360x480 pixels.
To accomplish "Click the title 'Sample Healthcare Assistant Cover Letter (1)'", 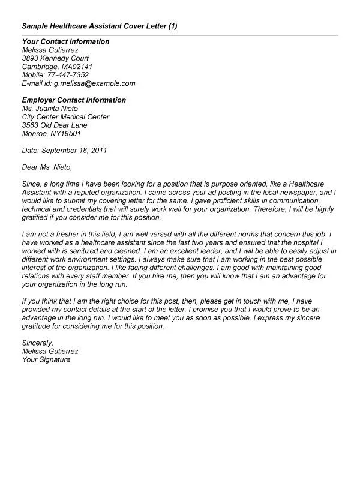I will [x=99, y=26].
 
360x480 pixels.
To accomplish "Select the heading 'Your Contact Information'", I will [x=65, y=41].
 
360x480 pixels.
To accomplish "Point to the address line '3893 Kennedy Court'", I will [x=54, y=58].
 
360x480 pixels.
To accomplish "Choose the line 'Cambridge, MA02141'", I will [x=56, y=67].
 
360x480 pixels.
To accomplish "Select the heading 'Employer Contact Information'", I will [x=74, y=100].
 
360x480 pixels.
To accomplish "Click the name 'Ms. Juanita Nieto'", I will [x=50, y=109].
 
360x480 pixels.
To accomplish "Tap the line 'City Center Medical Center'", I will [x=65, y=117].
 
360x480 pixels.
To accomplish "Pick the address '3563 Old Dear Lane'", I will [x=54, y=125].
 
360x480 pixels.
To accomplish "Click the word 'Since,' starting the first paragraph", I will [x=31, y=182].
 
